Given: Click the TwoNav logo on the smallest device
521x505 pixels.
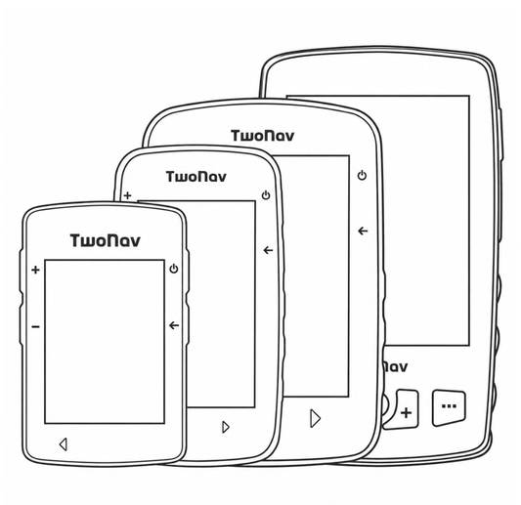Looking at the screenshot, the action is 105,240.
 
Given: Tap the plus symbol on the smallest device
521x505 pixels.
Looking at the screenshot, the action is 35,270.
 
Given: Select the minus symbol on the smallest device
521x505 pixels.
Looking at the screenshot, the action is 35,327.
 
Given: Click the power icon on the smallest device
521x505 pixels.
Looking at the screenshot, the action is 174,269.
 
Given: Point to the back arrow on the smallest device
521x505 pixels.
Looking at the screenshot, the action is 174,325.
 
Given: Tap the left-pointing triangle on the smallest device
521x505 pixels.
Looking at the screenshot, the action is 64,444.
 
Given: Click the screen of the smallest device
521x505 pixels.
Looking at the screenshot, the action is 105,342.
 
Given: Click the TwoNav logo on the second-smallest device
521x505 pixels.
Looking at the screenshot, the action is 196,177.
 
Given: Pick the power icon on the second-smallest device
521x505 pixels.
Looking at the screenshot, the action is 266,195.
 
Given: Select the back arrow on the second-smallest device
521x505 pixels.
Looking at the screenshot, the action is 268,250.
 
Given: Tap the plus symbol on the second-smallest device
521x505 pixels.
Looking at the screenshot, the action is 128,195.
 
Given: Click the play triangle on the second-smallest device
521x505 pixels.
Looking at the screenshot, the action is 226,427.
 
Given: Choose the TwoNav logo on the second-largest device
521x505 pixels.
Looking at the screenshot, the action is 263,136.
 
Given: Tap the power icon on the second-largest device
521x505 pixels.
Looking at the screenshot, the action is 363,175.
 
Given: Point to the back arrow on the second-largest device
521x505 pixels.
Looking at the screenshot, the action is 363,231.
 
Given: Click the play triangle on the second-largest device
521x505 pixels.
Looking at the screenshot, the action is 316,418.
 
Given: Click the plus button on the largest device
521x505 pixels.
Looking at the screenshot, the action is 406,410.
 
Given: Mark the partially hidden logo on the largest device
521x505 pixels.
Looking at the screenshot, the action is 396,367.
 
